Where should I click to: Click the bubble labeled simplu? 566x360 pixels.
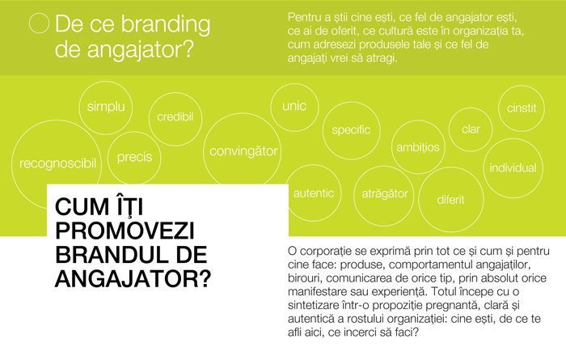pos(106,108)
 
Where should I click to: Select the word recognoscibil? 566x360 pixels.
pos(57,163)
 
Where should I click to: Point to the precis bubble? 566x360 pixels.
pos(134,157)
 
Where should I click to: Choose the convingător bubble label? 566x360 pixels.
pos(243,151)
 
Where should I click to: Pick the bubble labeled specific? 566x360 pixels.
pos(351,130)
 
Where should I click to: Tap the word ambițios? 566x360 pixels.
pos(418,147)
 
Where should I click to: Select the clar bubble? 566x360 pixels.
pos(471,129)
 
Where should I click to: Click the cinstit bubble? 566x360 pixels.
pos(522,108)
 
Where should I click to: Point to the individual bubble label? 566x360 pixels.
pos(513,168)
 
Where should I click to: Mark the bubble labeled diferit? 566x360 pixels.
pos(451,199)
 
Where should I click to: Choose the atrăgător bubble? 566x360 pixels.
pos(384,196)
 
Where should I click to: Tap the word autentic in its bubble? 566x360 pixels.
pos(314,193)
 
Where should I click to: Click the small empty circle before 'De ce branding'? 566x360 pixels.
pos(39,23)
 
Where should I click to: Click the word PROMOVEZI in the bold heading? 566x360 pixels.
pos(125,231)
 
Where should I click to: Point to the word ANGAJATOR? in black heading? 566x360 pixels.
pos(133,279)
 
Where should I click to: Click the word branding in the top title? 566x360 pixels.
pos(165,24)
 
